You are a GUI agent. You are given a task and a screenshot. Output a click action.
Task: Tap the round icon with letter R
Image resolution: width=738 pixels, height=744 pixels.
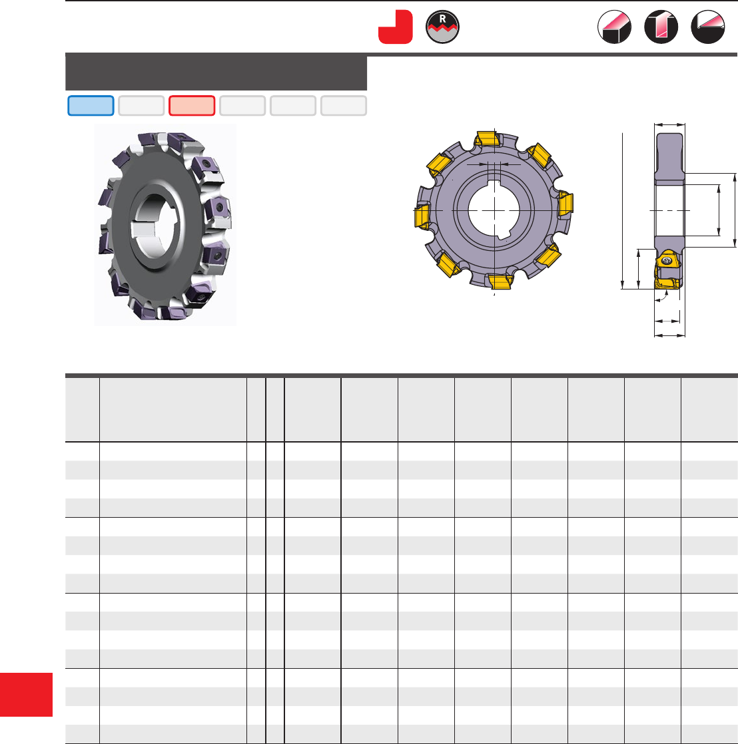(x=443, y=27)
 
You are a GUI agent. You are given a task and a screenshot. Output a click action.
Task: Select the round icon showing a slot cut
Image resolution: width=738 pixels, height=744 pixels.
(x=661, y=27)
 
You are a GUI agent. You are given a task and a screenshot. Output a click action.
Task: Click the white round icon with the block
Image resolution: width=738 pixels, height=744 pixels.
(x=615, y=27)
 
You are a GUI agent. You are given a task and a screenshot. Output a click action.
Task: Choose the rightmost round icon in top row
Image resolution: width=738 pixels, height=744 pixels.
(x=708, y=27)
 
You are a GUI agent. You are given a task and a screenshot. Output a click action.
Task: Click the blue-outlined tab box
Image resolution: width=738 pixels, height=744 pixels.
(x=91, y=105)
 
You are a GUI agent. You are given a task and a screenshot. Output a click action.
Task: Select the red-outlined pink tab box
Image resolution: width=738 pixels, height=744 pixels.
(x=192, y=105)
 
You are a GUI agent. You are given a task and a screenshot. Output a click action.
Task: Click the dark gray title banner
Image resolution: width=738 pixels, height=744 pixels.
(x=216, y=72)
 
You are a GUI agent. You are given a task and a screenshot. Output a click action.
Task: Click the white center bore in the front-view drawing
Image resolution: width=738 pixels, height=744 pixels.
(x=494, y=210)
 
